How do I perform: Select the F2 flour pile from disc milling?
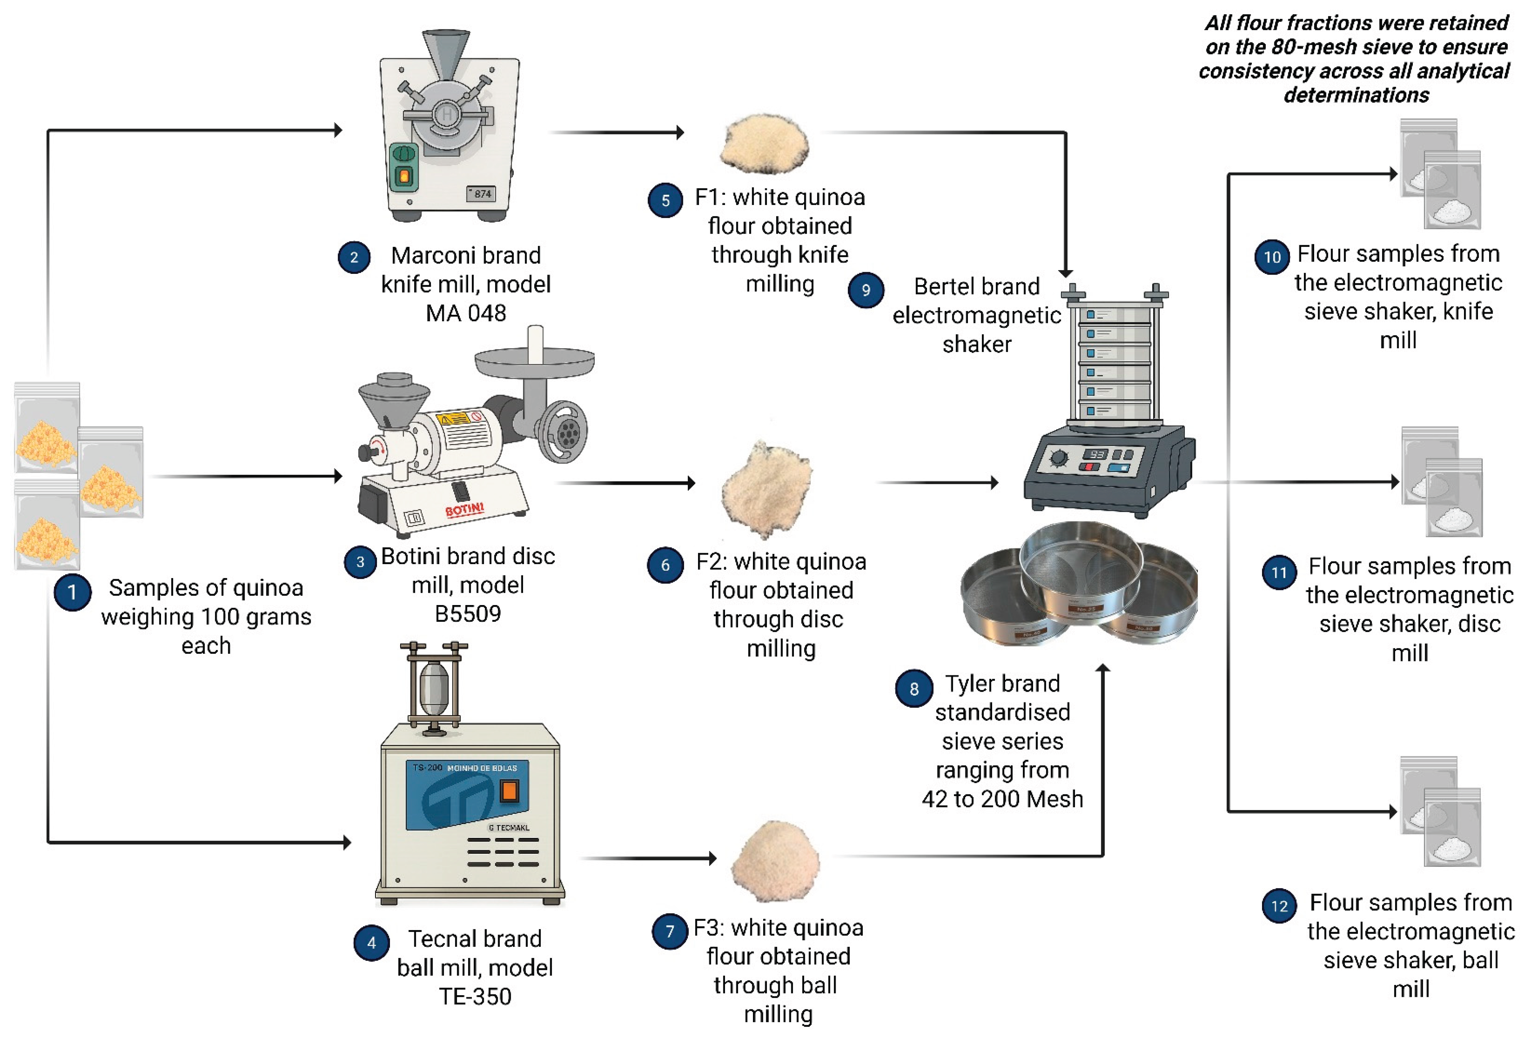767,488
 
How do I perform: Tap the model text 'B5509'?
467,614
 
